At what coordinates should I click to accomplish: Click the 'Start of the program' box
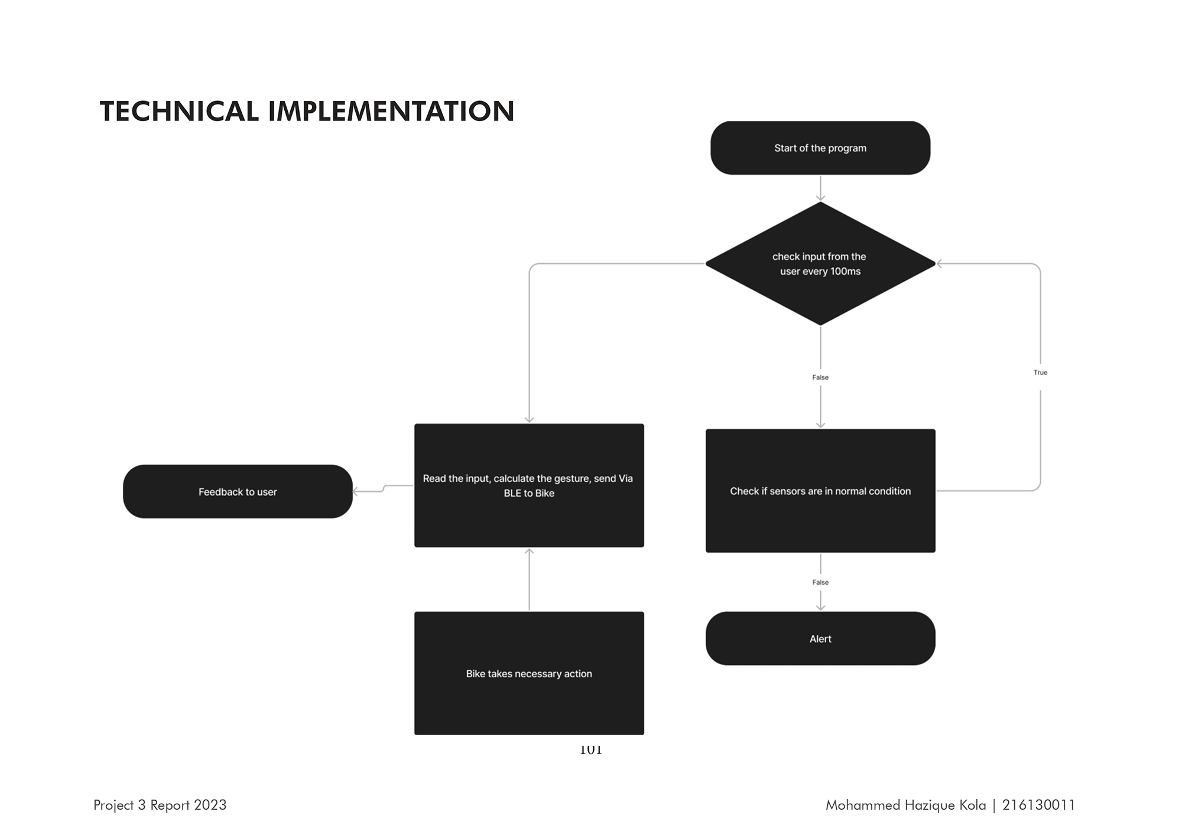point(820,148)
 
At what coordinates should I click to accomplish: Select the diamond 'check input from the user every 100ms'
point(820,263)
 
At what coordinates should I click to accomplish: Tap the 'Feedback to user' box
point(238,491)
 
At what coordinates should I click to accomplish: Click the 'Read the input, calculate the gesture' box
point(529,485)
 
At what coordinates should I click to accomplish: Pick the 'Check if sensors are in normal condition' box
point(820,491)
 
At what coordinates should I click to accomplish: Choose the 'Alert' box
point(820,638)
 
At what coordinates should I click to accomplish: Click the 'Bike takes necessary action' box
point(529,673)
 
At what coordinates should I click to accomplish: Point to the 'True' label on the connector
point(1040,373)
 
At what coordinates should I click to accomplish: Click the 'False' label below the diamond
point(820,377)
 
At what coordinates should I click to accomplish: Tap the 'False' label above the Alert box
point(820,582)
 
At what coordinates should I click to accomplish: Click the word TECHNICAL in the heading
point(180,112)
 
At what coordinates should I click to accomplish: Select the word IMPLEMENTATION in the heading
point(391,112)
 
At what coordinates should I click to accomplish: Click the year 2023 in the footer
point(210,805)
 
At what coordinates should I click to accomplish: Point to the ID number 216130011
point(1038,805)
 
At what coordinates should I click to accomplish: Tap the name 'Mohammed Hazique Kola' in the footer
point(905,805)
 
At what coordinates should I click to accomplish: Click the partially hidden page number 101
point(590,750)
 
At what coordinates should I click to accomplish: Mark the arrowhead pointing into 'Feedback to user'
point(356,491)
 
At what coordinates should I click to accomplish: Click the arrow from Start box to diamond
point(820,188)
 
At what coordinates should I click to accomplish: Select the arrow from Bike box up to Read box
point(529,579)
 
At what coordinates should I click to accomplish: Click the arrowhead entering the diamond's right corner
point(940,263)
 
